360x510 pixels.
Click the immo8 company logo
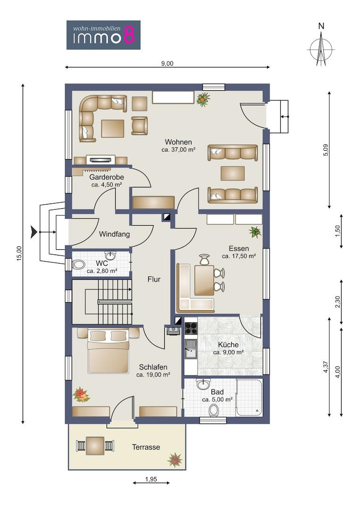(103, 35)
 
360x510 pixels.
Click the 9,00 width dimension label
(167, 64)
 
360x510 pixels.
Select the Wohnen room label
(178, 142)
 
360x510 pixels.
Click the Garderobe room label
(107, 178)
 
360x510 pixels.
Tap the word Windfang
(114, 234)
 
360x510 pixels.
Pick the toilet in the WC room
(78, 264)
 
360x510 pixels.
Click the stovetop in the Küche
(191, 329)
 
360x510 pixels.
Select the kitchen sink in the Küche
(191, 348)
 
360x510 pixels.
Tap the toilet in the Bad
(214, 410)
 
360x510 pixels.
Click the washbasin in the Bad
(204, 384)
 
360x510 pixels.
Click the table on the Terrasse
(95, 446)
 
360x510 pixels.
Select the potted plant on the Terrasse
(175, 459)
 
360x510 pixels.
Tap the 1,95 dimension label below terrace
(151, 479)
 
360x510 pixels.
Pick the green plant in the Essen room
(255, 232)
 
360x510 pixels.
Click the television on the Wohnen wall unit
(100, 160)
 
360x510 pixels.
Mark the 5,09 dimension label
(326, 150)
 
